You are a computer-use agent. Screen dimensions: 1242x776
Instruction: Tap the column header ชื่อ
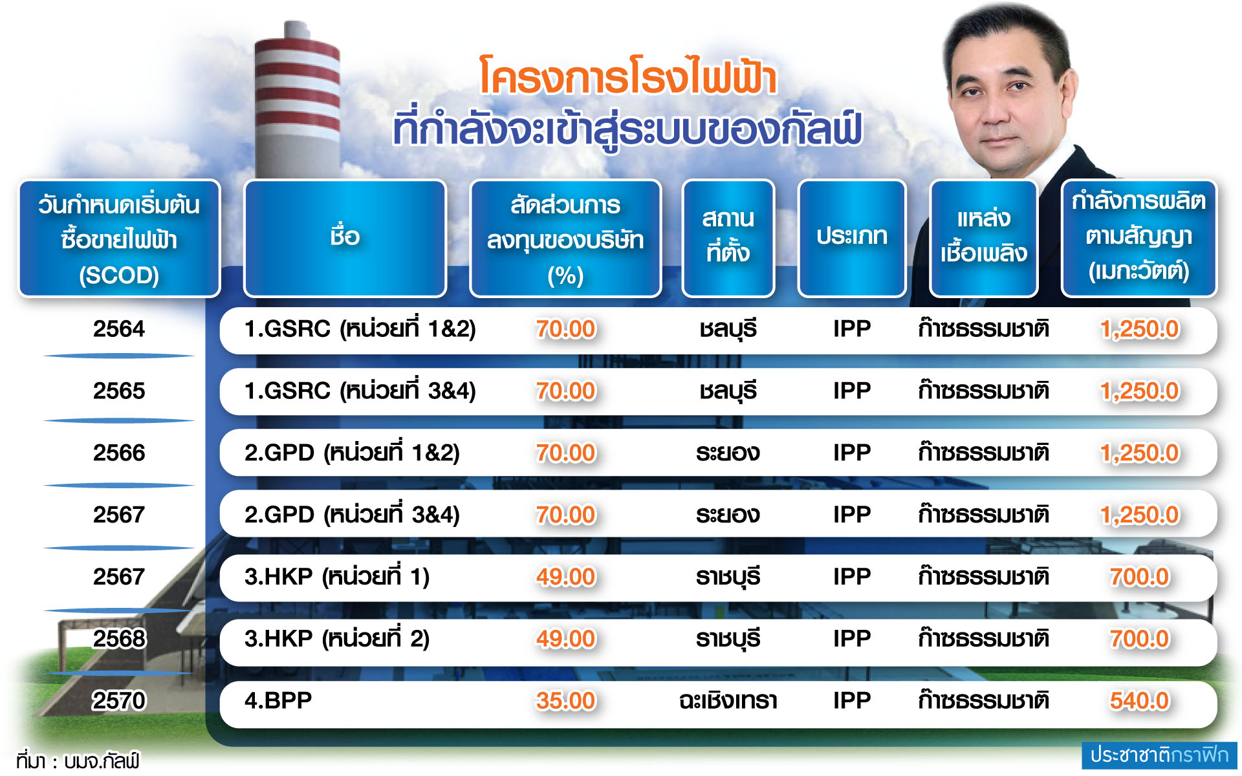(345, 237)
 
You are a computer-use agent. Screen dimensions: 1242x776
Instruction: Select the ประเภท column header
(851, 237)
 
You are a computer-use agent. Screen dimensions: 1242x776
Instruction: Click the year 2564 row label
(119, 329)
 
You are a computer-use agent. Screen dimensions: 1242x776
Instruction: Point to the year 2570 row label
(119, 701)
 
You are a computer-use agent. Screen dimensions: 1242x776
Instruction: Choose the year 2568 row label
(119, 639)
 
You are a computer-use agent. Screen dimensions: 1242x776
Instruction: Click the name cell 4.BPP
(278, 700)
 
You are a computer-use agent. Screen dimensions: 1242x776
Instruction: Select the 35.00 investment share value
(565, 701)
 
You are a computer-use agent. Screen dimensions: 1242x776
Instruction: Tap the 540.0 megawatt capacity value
(1140, 701)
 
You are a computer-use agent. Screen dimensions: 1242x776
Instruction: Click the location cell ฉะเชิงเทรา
(728, 701)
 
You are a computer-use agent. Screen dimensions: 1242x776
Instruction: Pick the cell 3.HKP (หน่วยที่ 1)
(337, 576)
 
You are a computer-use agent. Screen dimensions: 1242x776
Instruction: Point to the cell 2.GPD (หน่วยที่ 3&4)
(352, 515)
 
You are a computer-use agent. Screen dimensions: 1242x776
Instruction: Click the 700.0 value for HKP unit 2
(1140, 639)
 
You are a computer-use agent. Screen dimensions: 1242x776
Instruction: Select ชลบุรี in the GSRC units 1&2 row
(728, 329)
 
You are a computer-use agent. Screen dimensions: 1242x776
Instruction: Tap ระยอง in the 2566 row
(728, 453)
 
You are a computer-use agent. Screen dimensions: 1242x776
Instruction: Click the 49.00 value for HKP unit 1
(565, 577)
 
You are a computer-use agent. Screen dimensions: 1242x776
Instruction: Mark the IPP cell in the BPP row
(852, 701)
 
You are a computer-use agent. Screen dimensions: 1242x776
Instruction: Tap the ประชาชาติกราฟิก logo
(1159, 755)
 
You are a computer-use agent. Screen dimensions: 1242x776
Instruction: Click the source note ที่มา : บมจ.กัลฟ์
(78, 761)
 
